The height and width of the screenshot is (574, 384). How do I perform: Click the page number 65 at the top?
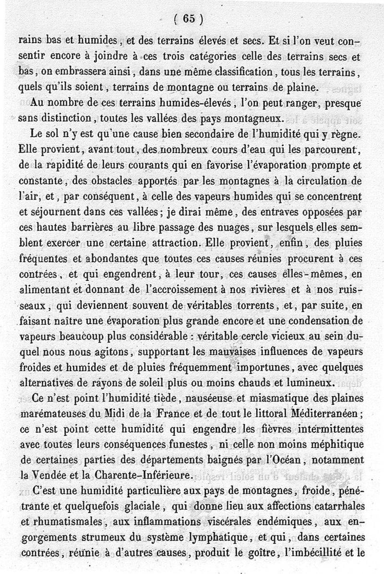click(x=189, y=19)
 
